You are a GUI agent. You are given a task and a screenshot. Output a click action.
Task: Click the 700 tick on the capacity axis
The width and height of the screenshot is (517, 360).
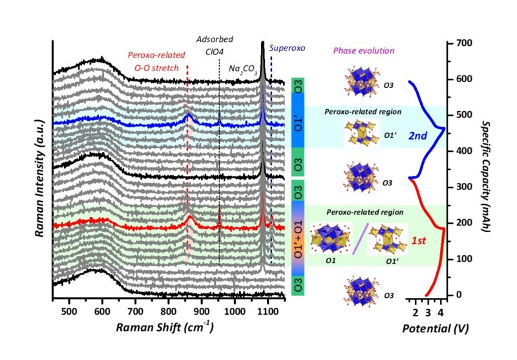[463, 43]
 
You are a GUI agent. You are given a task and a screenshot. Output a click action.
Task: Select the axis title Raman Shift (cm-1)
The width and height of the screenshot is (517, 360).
[165, 328]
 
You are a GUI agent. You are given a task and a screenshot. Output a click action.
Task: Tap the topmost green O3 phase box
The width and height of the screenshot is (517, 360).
[298, 87]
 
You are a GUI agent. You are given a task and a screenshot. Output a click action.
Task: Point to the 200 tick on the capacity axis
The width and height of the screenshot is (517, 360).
[463, 223]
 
